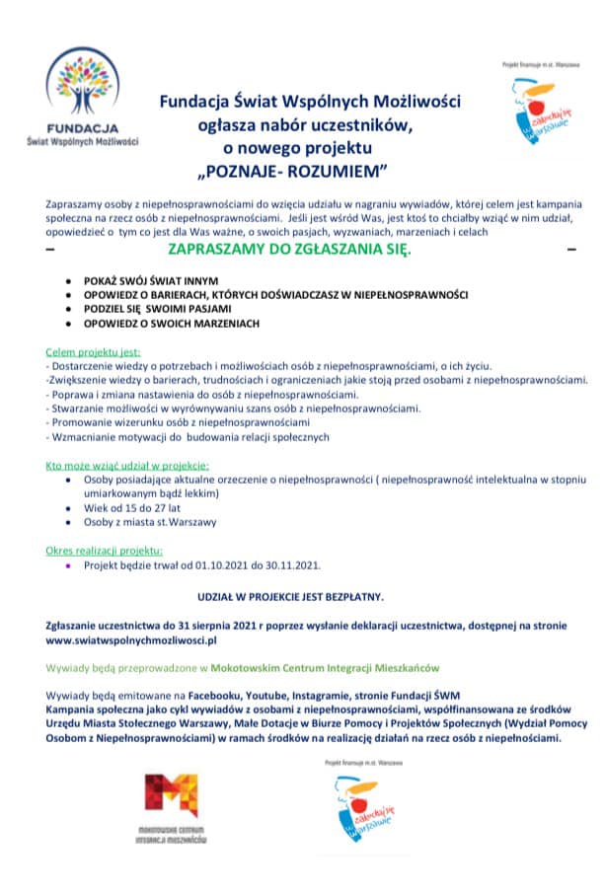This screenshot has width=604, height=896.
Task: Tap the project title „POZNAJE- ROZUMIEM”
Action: coord(294,170)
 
